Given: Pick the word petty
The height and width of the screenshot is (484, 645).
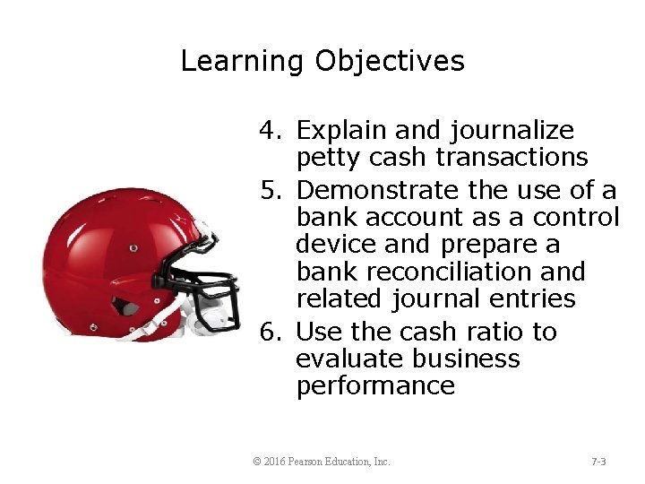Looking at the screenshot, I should [326, 159].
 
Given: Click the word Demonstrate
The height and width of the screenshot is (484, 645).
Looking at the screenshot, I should [379, 191].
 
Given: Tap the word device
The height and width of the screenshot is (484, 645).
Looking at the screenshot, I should [336, 245].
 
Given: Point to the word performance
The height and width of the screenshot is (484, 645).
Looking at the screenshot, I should [375, 386].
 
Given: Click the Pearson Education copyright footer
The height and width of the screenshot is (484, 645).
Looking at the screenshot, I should [322, 462].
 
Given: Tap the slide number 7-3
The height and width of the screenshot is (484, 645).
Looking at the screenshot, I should [599, 462].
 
